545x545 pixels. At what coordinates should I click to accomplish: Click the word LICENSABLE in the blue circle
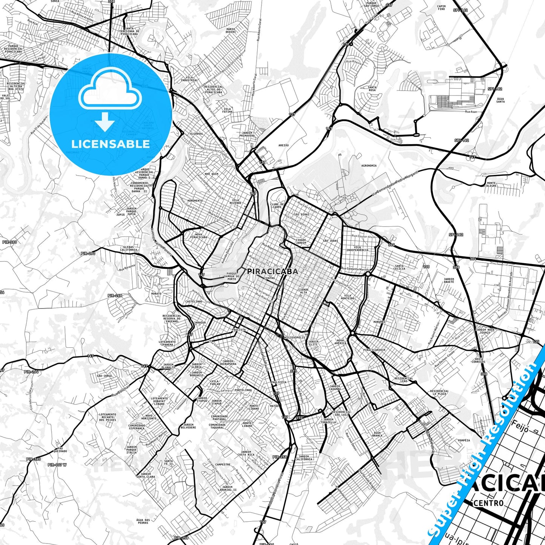tap(111, 144)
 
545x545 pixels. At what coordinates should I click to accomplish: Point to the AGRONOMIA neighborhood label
tap(368, 166)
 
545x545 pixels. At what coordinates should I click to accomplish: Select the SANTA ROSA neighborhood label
tap(372, 89)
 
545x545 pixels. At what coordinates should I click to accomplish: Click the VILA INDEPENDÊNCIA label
tap(357, 249)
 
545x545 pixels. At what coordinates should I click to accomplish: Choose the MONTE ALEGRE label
tap(491, 184)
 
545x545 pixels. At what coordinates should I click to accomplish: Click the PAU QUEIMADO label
tap(60, 450)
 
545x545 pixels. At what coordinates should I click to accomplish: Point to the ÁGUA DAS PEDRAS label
tap(143, 522)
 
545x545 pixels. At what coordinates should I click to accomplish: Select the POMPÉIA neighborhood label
tap(464, 440)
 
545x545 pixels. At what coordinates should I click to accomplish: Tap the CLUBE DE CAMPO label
tap(277, 206)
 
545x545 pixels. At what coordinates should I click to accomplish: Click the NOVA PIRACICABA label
tap(198, 236)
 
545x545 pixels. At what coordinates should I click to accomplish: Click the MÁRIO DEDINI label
tap(230, 30)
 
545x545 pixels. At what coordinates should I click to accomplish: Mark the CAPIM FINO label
tap(441, 8)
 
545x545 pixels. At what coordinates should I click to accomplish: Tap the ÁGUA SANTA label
tap(500, 100)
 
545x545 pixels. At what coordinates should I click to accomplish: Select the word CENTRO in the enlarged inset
tap(488, 503)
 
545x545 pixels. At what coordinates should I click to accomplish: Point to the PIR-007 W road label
tap(57, 465)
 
